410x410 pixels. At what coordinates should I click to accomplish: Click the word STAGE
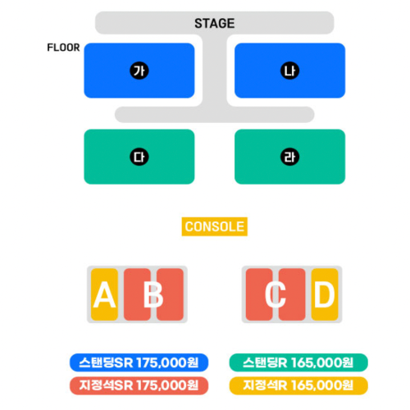(214, 24)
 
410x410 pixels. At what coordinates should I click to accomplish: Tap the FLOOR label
(63, 48)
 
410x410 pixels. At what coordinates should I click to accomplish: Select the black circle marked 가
(139, 71)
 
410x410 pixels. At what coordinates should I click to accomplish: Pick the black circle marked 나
(289, 71)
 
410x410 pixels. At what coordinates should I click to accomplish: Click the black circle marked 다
(139, 157)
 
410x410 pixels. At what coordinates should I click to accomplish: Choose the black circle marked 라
(289, 157)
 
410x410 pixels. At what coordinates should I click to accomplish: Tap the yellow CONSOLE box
(215, 226)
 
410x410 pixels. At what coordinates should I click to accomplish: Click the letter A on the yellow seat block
(104, 294)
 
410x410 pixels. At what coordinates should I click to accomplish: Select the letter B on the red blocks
(153, 294)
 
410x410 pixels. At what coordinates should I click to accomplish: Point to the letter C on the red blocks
(276, 294)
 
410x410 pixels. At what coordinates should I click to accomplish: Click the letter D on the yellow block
(325, 294)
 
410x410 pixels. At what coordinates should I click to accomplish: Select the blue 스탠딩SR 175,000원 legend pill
(139, 362)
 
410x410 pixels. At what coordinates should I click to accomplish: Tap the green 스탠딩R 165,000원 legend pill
(298, 362)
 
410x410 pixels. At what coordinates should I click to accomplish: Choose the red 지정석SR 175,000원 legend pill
(139, 385)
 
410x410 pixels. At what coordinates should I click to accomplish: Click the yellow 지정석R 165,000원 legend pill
(298, 385)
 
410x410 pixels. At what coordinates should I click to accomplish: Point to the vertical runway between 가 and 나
(215, 71)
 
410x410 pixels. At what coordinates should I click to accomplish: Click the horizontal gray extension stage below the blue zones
(215, 115)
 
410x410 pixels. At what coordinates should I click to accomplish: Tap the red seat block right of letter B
(170, 294)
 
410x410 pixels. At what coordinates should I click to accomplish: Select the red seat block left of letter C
(259, 294)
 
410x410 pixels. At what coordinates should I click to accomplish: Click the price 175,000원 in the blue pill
(167, 362)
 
